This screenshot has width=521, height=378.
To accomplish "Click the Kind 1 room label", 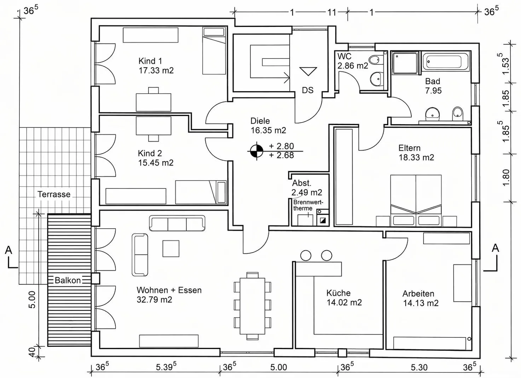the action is [x=150, y=61].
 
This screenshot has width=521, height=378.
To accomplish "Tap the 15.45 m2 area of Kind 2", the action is [x=156, y=163].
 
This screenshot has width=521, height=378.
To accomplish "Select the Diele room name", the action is [x=260, y=121].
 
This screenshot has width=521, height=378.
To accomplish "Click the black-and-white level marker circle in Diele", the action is [x=256, y=151].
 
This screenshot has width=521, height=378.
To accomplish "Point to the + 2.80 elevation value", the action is [x=282, y=146].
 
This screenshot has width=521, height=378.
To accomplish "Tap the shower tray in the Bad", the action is [x=405, y=63].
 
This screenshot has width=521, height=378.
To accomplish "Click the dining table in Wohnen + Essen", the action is [x=252, y=306].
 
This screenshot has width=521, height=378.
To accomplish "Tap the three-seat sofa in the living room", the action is [x=177, y=223].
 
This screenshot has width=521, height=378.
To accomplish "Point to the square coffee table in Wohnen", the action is [x=171, y=248].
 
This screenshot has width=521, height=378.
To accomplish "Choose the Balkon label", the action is [x=68, y=280].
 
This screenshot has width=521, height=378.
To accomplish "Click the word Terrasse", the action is [x=54, y=194].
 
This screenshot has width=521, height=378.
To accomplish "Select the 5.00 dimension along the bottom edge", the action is [x=279, y=367].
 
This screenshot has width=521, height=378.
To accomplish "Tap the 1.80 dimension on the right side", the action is [x=506, y=178].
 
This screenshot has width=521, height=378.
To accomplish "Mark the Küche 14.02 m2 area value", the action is [x=344, y=302].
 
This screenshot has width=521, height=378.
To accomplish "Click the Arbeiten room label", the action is [x=418, y=294].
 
